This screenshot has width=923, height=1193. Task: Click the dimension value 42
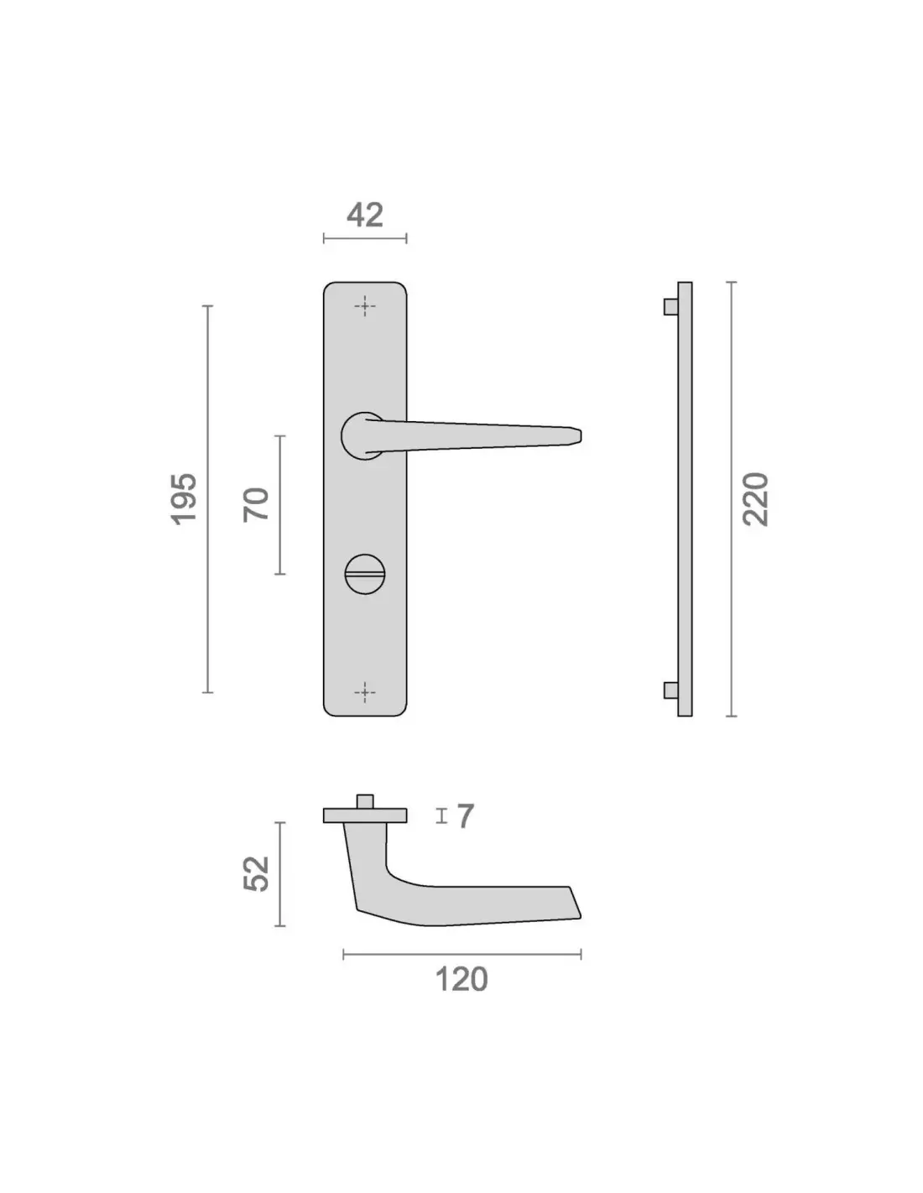tap(365, 216)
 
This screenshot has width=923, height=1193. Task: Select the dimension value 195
tap(185, 498)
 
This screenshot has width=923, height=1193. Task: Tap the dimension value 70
tap(257, 504)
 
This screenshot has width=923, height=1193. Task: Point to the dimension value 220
tap(755, 498)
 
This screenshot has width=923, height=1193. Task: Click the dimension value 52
tap(257, 873)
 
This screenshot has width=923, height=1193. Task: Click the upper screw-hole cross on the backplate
tap(365, 306)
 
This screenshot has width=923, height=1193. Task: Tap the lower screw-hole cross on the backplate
tap(365, 693)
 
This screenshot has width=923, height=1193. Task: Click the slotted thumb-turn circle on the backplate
tap(365, 574)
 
